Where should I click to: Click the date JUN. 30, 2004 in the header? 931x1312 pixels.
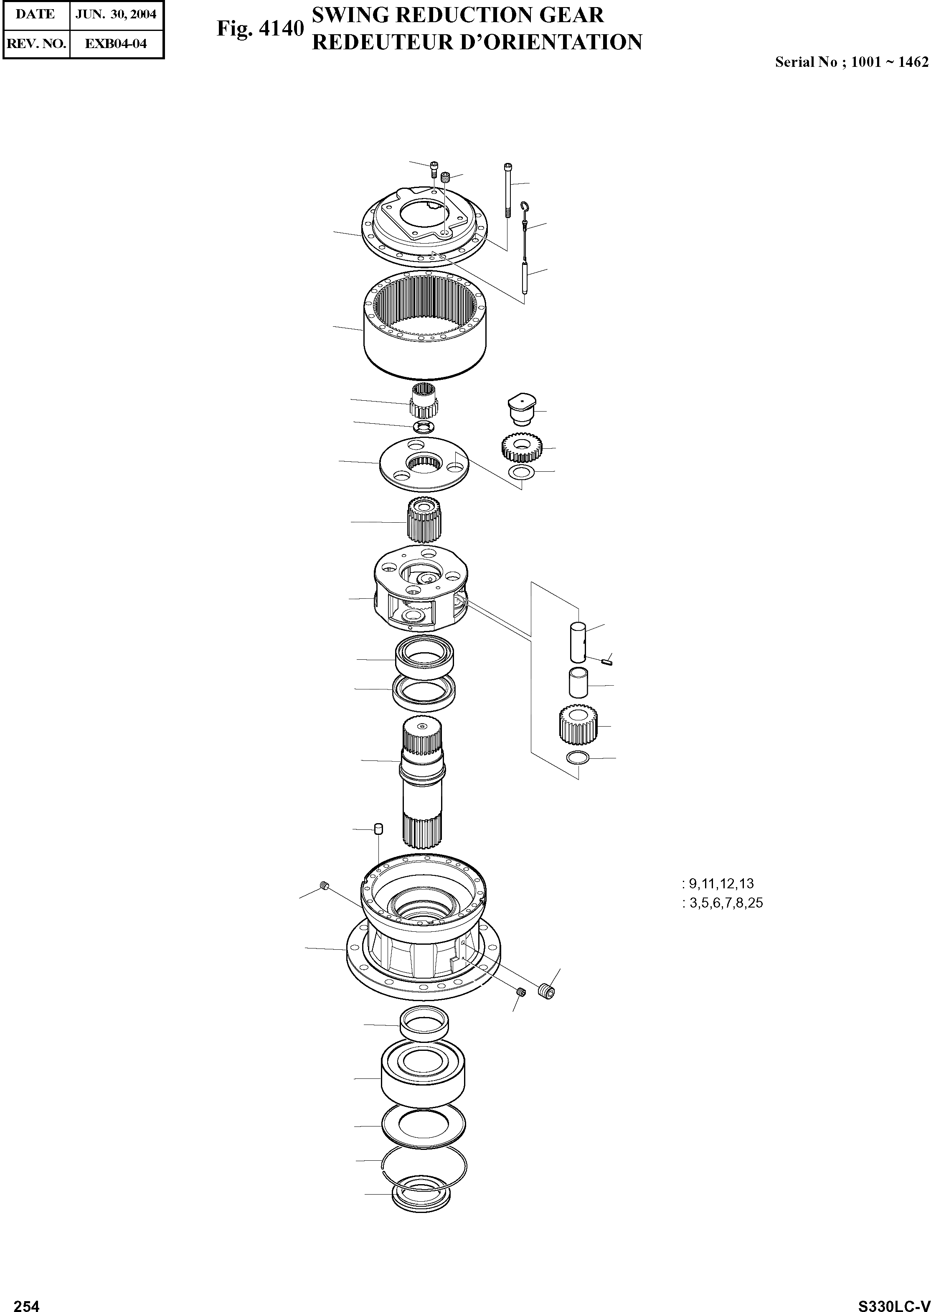pos(115,14)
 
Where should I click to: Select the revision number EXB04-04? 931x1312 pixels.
pos(115,43)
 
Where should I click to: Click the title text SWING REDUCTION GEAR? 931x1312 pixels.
pos(457,15)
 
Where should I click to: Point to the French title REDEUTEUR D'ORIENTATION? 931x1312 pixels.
pos(477,43)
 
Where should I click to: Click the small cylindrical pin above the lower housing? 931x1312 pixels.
pos(378,829)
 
